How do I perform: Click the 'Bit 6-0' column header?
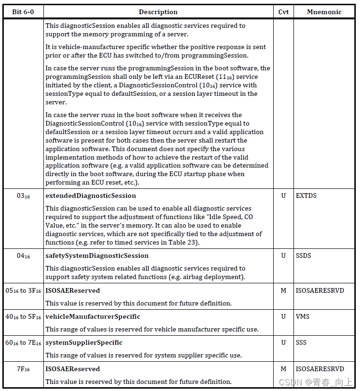coord(23,12)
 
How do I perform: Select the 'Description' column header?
coord(158,12)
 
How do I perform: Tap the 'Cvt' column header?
coord(283,12)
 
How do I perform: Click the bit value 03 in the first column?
coord(23,196)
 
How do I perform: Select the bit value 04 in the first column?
coord(23,256)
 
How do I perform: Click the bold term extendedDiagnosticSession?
coord(91,195)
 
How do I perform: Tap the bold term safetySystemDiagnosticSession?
coord(97,255)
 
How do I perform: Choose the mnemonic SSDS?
coord(304,255)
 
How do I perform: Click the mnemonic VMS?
coord(303,316)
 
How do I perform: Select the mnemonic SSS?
coord(301,342)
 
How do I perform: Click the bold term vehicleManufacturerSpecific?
coord(93,316)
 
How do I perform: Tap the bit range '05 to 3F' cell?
coord(23,291)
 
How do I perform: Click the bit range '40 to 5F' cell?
coord(23,317)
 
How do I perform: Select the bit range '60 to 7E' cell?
coord(23,343)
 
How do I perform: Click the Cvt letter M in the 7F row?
coord(283,369)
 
